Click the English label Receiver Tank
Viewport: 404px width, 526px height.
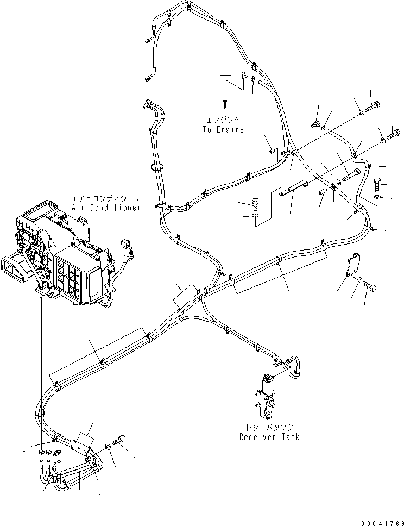269,436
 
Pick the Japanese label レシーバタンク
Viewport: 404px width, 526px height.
269,428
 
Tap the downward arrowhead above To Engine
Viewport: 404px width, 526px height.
223,107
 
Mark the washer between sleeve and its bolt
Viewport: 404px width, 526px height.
110,446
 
